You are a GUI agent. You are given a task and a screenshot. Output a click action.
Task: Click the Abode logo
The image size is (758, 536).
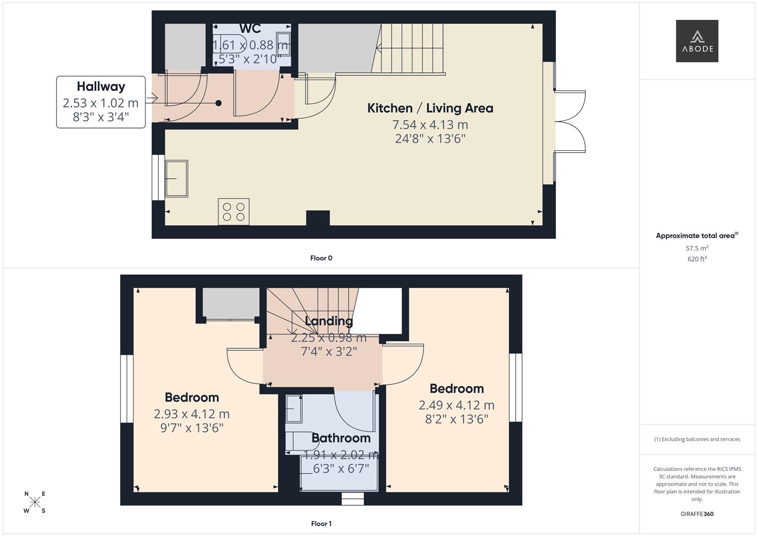696,41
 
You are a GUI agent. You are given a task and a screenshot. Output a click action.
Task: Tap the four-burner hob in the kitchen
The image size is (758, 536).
233,212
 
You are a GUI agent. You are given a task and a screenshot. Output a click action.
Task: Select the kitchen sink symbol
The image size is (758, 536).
176,178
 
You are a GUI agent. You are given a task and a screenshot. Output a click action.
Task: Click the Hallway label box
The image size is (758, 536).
101,102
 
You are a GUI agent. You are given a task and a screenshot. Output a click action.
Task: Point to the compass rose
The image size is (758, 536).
35,502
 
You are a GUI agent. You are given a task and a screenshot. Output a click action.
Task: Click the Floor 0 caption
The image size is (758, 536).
321,258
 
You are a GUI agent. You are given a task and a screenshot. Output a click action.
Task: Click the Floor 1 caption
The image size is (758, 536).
321,524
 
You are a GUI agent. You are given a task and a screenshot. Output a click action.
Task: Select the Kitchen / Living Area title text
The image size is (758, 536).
430,108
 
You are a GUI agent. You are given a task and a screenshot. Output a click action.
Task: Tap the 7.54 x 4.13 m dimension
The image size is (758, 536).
430,125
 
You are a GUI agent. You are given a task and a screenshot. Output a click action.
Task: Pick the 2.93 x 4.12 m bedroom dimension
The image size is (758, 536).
192,413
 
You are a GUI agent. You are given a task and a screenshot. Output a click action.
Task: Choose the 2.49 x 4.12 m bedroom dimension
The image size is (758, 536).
456,405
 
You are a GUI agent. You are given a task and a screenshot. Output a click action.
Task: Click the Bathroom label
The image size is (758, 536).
341,438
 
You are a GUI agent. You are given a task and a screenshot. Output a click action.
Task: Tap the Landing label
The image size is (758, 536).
329,321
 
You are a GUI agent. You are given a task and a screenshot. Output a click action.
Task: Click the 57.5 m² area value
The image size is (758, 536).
697,248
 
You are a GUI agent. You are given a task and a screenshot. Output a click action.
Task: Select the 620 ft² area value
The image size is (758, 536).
697,259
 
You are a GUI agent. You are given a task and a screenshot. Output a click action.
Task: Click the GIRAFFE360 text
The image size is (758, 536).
697,514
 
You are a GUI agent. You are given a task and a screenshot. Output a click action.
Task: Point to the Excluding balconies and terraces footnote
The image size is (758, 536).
697,439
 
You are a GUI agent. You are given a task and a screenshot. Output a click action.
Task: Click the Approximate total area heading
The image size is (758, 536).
696,236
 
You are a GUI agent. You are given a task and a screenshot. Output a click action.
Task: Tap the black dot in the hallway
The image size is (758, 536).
218,103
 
